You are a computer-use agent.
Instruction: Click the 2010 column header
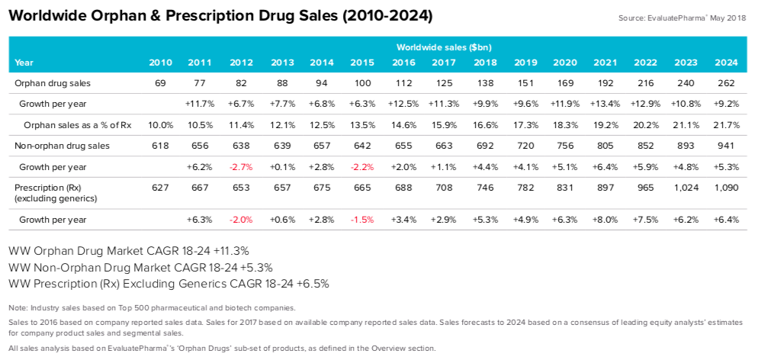click(161, 63)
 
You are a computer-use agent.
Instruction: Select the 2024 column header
click(726, 63)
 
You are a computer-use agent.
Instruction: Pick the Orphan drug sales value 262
click(726, 82)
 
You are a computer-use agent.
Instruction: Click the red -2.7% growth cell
click(241, 166)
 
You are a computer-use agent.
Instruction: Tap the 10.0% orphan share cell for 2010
click(161, 124)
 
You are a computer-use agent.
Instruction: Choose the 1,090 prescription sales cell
click(726, 187)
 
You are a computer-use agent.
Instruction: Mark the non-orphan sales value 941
click(726, 145)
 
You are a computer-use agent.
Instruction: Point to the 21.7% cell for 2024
click(726, 124)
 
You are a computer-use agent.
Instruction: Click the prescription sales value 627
click(161, 187)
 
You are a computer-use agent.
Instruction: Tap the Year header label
click(24, 63)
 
